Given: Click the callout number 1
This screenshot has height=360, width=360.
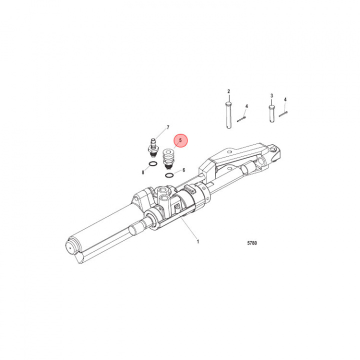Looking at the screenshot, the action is pyautogui.click(x=198, y=241).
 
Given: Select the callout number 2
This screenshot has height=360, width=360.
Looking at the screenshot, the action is pyautogui.click(x=228, y=91).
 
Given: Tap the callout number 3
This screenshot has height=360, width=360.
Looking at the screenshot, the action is pyautogui.click(x=272, y=95).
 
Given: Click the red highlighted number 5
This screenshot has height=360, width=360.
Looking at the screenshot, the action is pyautogui.click(x=180, y=140).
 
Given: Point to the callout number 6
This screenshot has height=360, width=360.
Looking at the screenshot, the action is pyautogui.click(x=183, y=170).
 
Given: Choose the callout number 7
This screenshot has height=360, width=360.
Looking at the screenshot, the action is pyautogui.click(x=168, y=127).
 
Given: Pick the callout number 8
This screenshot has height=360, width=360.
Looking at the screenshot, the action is pyautogui.click(x=143, y=172).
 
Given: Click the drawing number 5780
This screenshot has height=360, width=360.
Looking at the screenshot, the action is pyautogui.click(x=252, y=243).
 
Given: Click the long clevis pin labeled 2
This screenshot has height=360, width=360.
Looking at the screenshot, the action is pyautogui.click(x=228, y=115).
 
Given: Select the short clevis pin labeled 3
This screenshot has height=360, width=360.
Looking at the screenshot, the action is pyautogui.click(x=272, y=113).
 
